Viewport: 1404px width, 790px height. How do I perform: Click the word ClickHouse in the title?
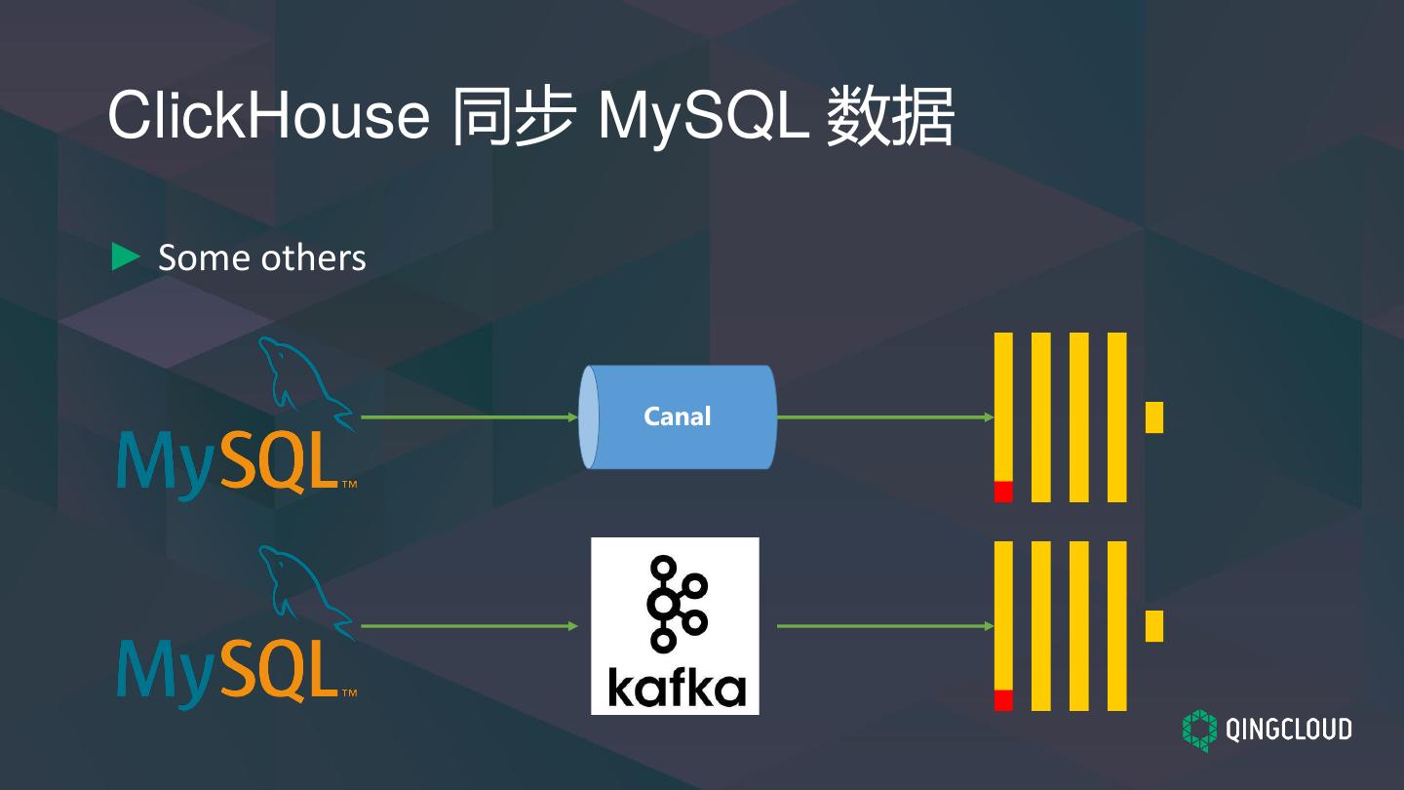point(268,115)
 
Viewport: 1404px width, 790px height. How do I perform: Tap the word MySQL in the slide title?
point(702,115)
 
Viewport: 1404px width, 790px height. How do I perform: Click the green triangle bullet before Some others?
point(126,257)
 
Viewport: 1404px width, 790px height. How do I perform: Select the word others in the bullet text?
point(314,257)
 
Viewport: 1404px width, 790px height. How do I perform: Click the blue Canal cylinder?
point(678,416)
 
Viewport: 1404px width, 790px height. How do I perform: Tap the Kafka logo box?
point(675,625)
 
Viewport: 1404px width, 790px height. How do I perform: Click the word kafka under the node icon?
point(676,687)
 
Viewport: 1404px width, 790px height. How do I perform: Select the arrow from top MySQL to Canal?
point(468,416)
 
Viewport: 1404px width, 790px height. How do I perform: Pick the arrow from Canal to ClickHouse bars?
point(883,416)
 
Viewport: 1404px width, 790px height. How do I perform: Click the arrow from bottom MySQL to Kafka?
point(468,625)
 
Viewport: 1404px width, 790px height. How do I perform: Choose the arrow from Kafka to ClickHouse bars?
point(883,625)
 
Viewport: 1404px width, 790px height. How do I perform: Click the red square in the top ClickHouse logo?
point(1003,492)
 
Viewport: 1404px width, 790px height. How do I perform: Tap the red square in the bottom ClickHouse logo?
point(1003,700)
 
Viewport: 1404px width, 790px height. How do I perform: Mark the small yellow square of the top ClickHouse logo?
point(1154,416)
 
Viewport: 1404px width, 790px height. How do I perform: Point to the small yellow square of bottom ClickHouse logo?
point(1154,625)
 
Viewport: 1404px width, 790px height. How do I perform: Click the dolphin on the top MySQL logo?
point(297,380)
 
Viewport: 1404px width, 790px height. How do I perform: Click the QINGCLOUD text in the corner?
point(1287,730)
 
